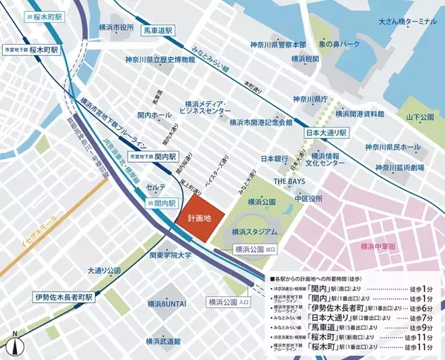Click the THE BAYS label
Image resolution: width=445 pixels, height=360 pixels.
[291, 181]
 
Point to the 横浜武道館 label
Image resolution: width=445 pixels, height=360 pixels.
[163, 341]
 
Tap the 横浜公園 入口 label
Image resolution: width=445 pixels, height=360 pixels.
[231, 302]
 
